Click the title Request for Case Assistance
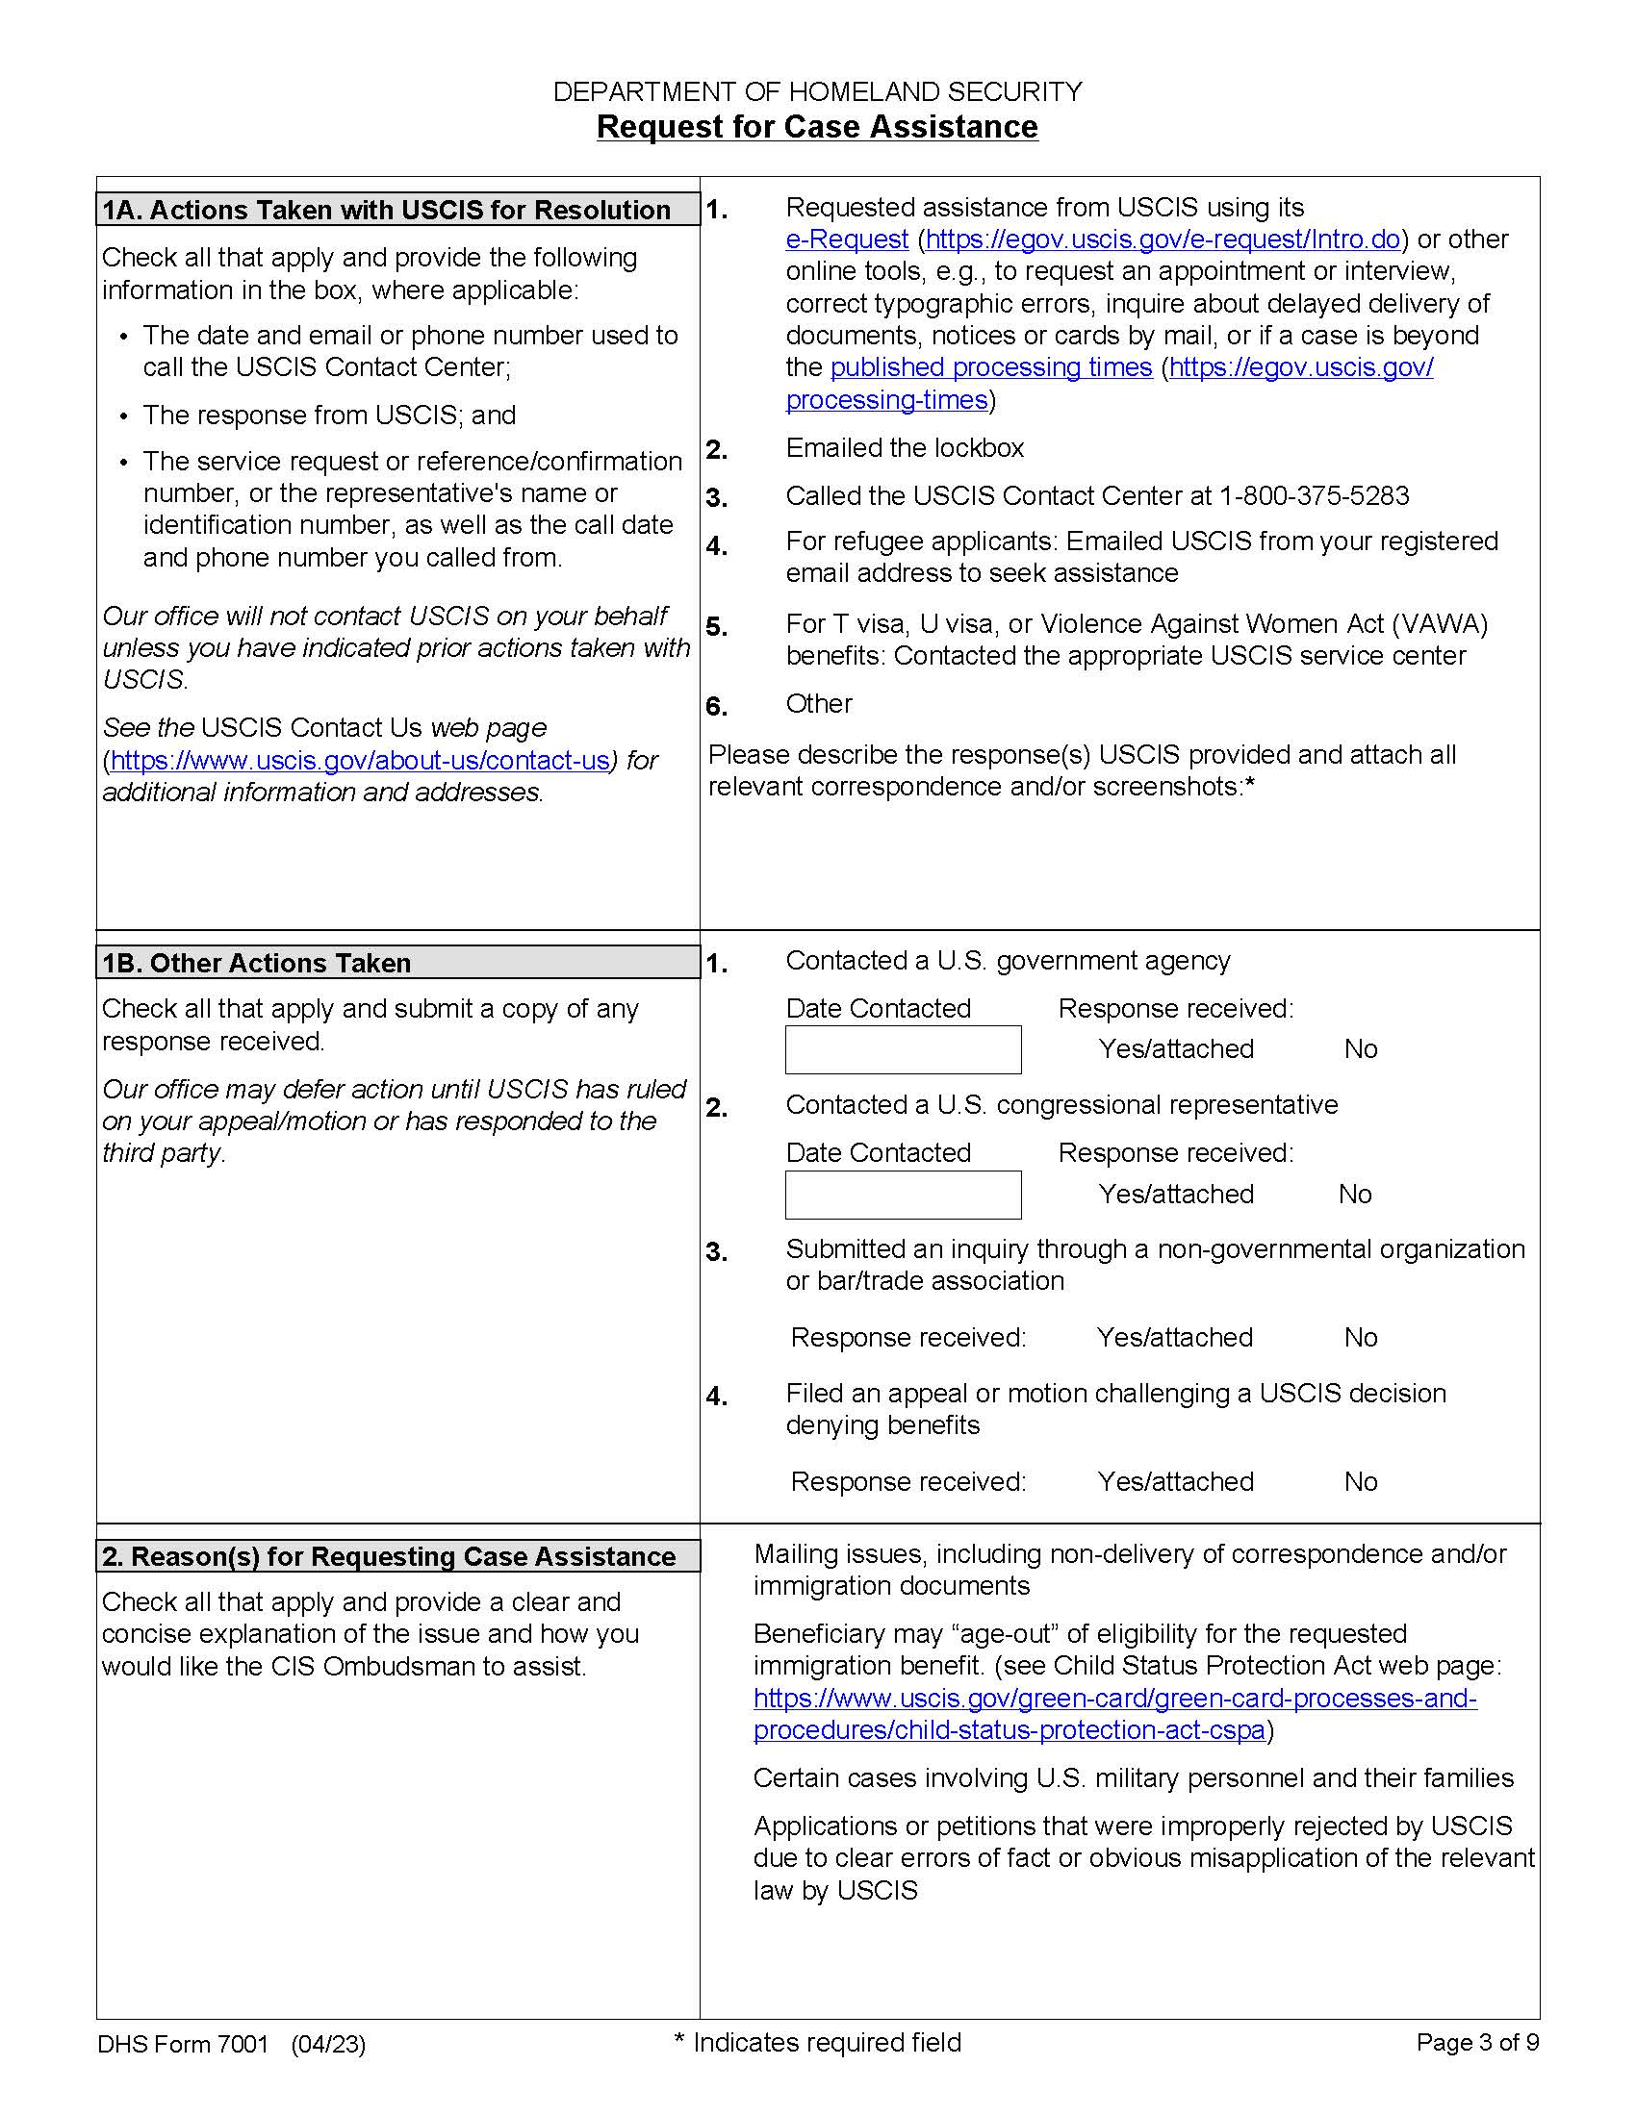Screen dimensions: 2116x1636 pyautogui.click(x=816, y=127)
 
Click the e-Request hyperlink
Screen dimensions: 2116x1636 pyautogui.click(x=846, y=239)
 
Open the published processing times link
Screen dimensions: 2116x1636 pyautogui.click(x=990, y=367)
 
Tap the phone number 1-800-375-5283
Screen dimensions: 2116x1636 pyautogui.click(x=1314, y=496)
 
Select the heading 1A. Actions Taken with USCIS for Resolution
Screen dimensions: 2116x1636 pyautogui.click(x=387, y=211)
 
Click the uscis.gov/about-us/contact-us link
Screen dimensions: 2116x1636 pyautogui.click(x=360, y=761)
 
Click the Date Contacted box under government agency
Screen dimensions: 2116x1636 pyautogui.click(x=903, y=1050)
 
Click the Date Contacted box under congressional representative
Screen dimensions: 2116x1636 pyautogui.click(x=903, y=1195)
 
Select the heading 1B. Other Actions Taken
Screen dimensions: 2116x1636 pyautogui.click(x=257, y=963)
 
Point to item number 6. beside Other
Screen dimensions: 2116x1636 pyautogui.click(x=716, y=706)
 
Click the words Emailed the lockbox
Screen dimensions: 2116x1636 pyautogui.click(x=905, y=448)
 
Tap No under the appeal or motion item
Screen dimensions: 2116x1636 pyautogui.click(x=1360, y=1481)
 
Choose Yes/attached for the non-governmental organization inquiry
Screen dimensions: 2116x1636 pyautogui.click(x=1174, y=1338)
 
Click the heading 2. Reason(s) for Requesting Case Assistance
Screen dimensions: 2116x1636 pyautogui.click(x=389, y=1556)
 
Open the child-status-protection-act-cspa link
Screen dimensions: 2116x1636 pyautogui.click(x=1009, y=1730)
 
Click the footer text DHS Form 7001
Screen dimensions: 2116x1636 pyautogui.click(x=182, y=2044)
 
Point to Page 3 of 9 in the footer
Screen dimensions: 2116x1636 pyautogui.click(x=1476, y=2042)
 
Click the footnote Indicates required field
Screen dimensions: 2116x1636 pyautogui.click(x=826, y=2042)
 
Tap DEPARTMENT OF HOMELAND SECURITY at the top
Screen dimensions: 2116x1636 pyautogui.click(x=816, y=92)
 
